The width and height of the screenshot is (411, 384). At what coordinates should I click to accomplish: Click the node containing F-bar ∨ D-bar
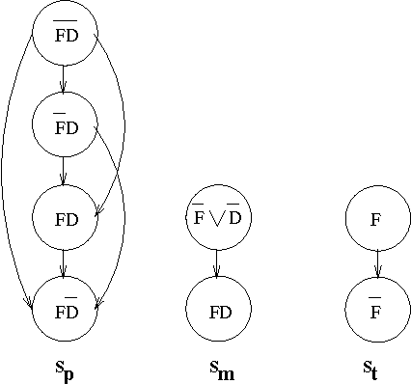pyautogui.click(x=218, y=218)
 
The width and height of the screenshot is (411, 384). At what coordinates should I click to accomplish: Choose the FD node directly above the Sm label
pyautogui.click(x=218, y=310)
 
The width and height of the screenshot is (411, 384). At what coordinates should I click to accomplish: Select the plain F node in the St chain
pyautogui.click(x=377, y=218)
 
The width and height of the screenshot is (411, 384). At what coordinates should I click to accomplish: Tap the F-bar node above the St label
pyautogui.click(x=377, y=310)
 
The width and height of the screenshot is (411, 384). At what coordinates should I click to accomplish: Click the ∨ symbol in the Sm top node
pyautogui.click(x=218, y=220)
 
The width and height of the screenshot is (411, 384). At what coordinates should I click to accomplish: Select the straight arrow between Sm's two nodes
pyautogui.click(x=218, y=263)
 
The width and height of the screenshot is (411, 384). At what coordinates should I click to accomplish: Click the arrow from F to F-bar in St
pyautogui.click(x=377, y=263)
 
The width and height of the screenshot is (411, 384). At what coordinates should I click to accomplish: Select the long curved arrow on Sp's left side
pyautogui.click(x=8, y=174)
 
